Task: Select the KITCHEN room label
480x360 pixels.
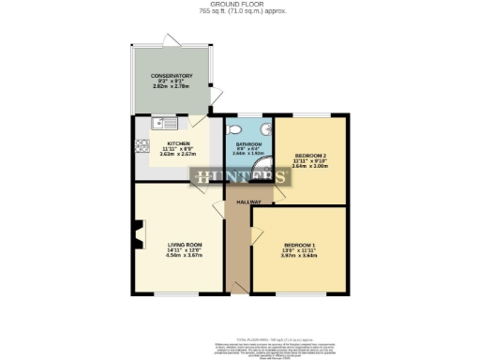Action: (x=178, y=144)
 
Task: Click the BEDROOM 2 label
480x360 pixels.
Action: (x=310, y=156)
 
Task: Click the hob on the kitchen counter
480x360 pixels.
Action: (x=142, y=144)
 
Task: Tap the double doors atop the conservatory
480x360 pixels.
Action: (x=169, y=38)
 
